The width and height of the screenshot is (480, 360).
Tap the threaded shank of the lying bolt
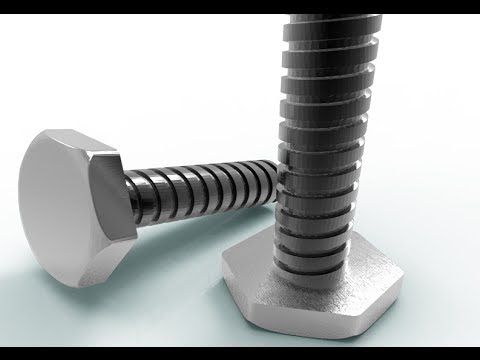200,190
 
